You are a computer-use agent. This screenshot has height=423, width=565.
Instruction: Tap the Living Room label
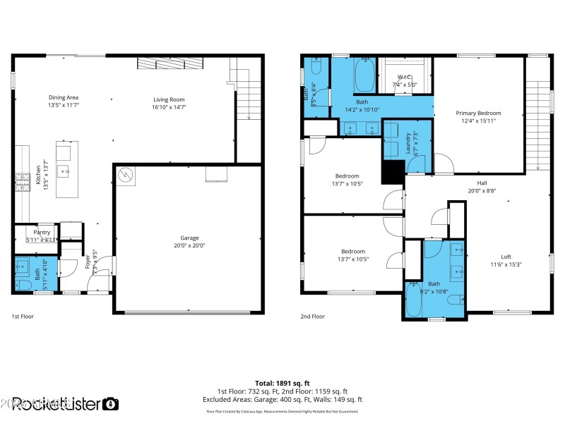169,99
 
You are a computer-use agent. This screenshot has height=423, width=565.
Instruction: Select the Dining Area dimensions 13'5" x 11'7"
63,105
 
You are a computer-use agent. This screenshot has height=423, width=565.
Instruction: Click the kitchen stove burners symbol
18,183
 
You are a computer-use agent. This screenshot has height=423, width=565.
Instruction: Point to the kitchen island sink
63,170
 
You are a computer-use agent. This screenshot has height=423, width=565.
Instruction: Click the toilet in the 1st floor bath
20,284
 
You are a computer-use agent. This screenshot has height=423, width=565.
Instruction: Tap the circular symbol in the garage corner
124,173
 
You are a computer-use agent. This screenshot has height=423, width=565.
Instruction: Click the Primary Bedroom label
478,113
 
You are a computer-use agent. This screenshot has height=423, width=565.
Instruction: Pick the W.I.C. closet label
405,77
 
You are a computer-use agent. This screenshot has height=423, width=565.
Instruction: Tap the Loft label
506,257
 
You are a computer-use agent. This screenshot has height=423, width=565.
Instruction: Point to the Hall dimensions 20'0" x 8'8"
482,190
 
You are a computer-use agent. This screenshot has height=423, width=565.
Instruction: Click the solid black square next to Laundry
392,172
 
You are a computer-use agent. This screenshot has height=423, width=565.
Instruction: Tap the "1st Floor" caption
23,317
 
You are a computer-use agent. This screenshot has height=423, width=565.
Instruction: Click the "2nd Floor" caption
312,317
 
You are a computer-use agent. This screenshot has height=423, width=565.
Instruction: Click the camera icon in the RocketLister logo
111,404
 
